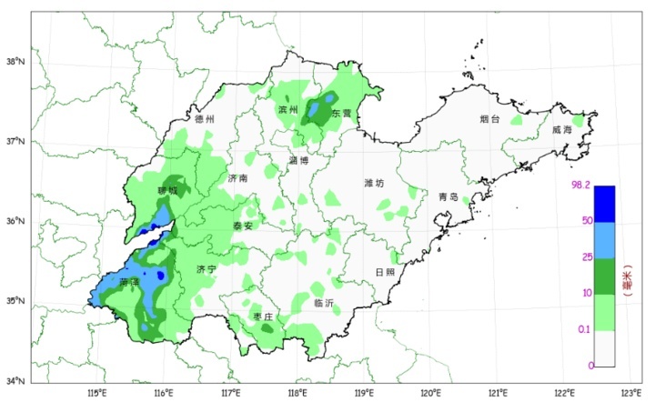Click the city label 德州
(204, 119)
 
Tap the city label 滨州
(288, 110)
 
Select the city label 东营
(341, 114)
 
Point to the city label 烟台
(491, 119)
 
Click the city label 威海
(562, 130)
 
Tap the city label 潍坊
(374, 183)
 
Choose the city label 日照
(386, 272)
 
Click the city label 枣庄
(264, 316)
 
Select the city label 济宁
(207, 270)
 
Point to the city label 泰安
(242, 226)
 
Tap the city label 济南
(237, 178)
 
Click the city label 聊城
(168, 191)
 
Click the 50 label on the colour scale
(588, 221)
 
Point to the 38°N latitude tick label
(15, 62)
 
